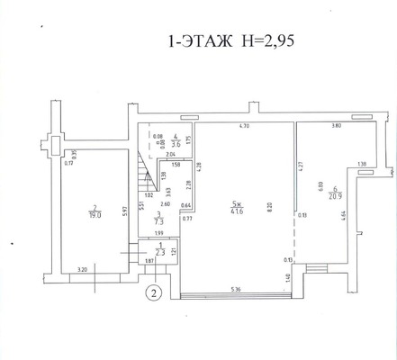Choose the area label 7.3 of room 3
pyautogui.click(x=158, y=219)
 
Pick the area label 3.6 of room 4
pyautogui.click(x=176, y=142)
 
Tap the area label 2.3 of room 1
pyautogui.click(x=158, y=253)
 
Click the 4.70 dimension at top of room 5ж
pyautogui.click(x=242, y=126)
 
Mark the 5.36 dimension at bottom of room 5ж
pyautogui.click(x=235, y=288)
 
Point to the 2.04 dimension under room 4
pyautogui.click(x=170, y=155)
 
